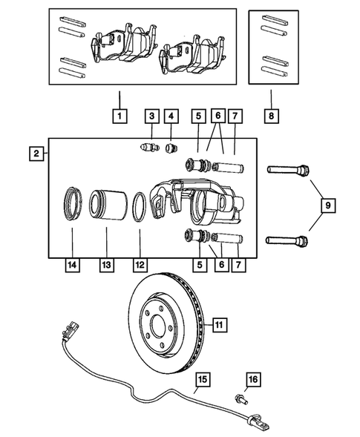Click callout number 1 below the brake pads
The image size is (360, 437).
119,116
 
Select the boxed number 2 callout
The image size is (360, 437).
35,154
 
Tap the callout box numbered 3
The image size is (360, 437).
151,116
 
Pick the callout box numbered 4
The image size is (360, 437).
172,116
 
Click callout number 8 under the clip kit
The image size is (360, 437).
272,116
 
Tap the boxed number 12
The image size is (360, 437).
139,263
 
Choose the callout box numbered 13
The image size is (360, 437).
105,263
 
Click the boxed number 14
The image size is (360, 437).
71,263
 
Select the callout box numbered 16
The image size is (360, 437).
252,380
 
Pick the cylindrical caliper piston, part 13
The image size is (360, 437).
105,208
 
